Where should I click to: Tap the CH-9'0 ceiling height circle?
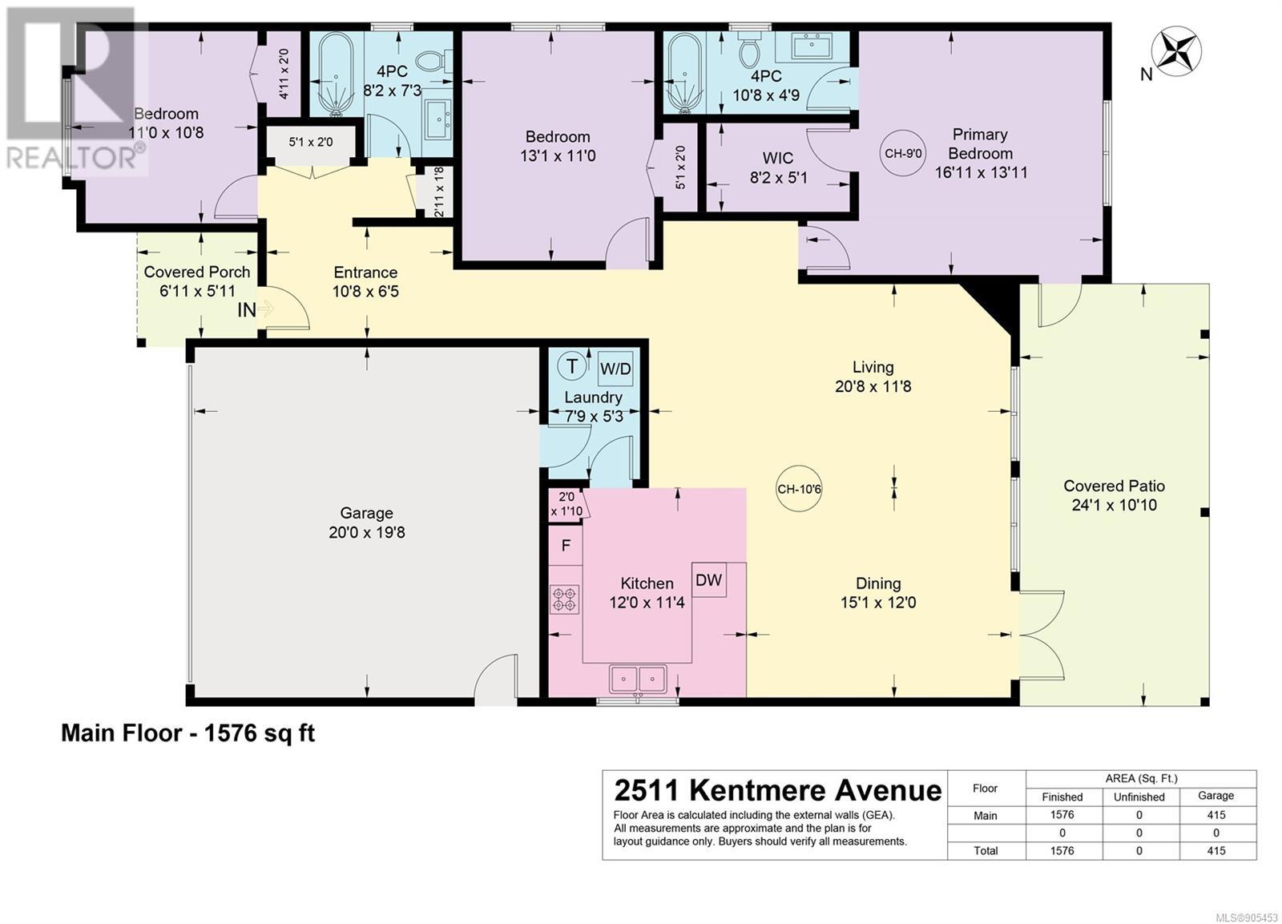(x=903, y=153)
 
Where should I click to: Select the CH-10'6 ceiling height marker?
(x=799, y=489)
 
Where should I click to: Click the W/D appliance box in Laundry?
(x=615, y=369)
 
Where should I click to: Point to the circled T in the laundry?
(x=572, y=366)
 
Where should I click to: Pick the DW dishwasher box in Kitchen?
(x=708, y=580)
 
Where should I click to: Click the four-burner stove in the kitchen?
(x=564, y=599)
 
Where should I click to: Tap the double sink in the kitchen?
(x=638, y=680)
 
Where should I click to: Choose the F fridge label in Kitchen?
(x=566, y=546)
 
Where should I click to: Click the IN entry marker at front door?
(x=247, y=310)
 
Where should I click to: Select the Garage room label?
(x=366, y=513)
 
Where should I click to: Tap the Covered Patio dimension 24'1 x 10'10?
(x=1114, y=505)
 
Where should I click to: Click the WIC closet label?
(x=778, y=158)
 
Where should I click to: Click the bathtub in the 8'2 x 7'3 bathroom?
(x=337, y=73)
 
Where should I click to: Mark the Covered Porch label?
(x=197, y=272)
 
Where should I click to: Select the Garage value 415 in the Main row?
(x=1215, y=815)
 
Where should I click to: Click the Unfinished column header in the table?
(x=1139, y=797)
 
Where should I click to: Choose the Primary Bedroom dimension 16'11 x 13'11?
(x=981, y=172)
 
